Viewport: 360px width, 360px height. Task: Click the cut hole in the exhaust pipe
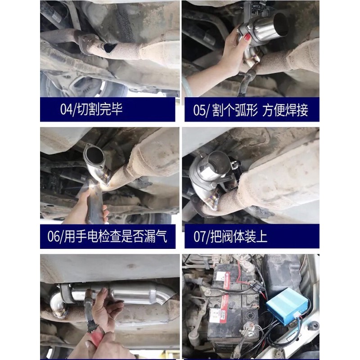[x=109, y=47]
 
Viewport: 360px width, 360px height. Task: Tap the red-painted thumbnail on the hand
[x=247, y=38]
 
